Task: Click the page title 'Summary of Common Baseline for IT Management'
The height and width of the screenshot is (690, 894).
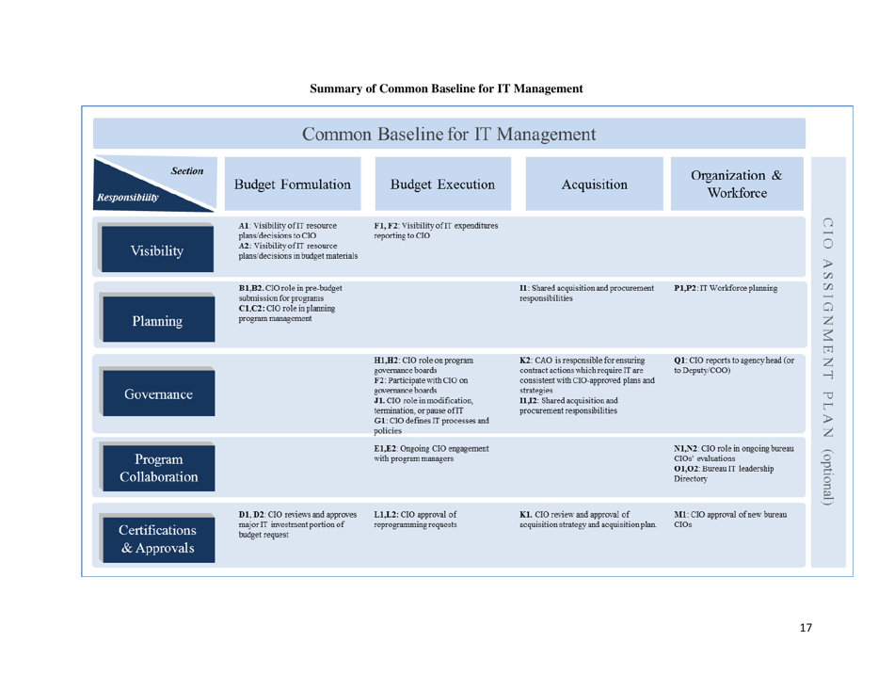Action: tap(446, 89)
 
